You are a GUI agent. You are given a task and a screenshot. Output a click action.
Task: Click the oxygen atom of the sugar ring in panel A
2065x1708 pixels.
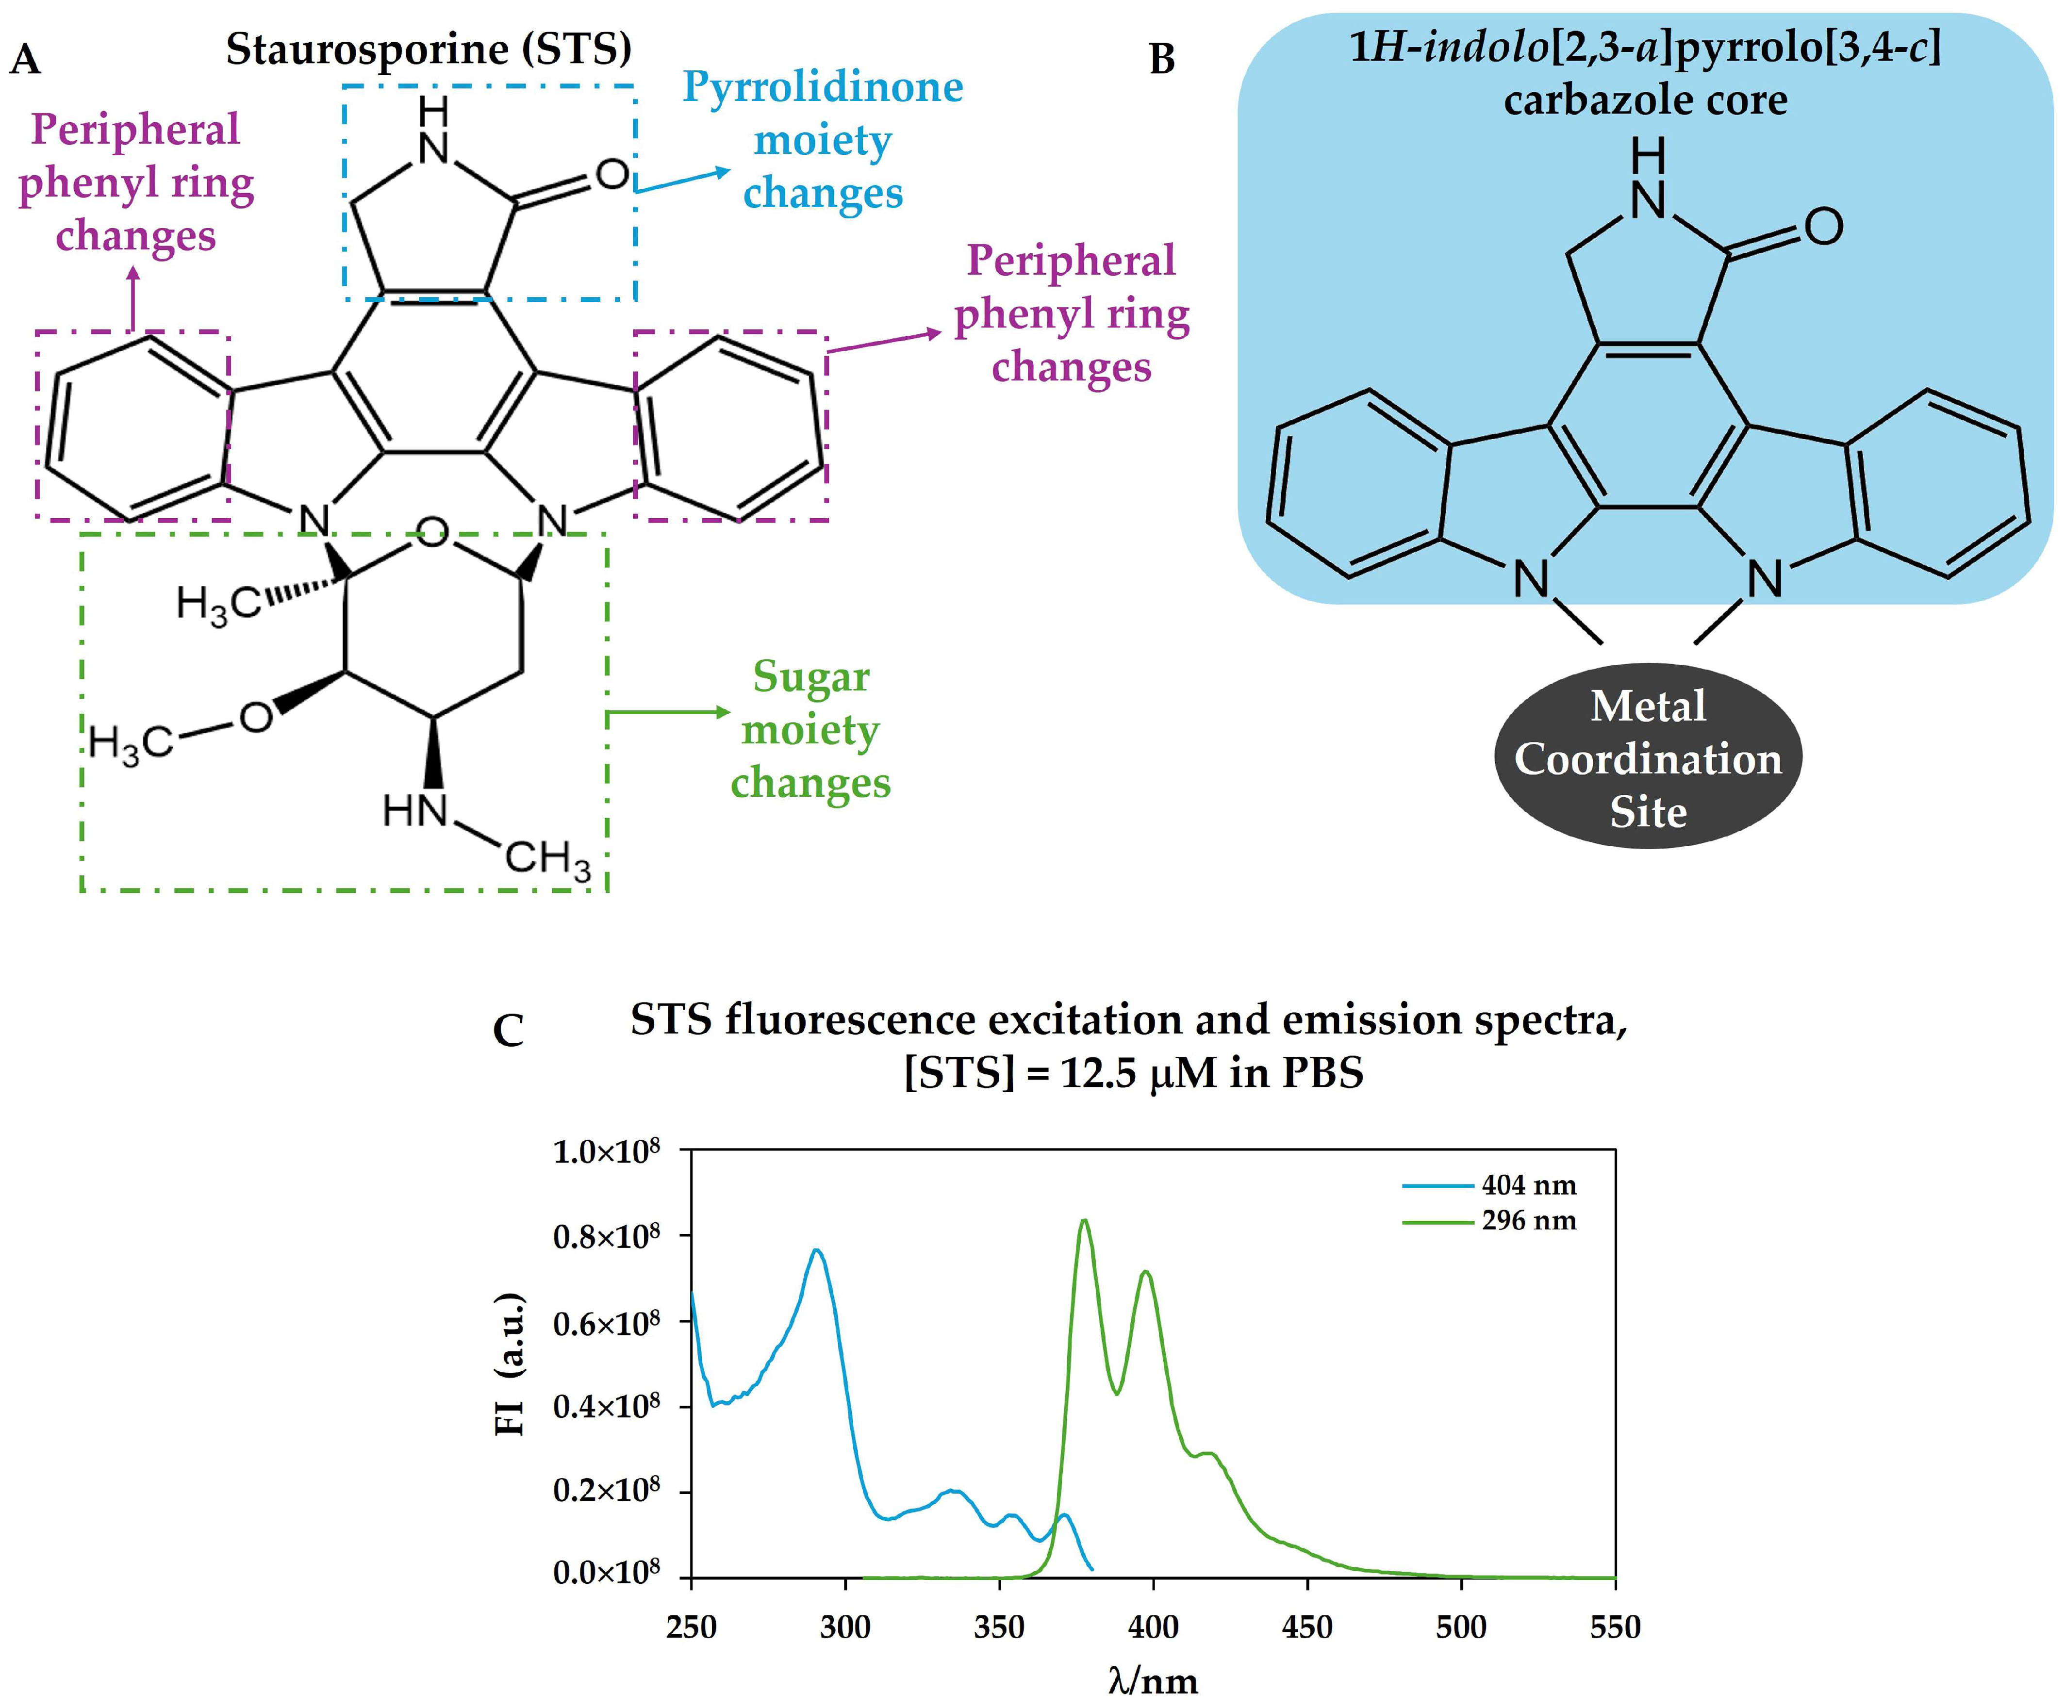point(433,534)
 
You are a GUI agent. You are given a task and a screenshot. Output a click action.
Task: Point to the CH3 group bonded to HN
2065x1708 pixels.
point(548,858)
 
